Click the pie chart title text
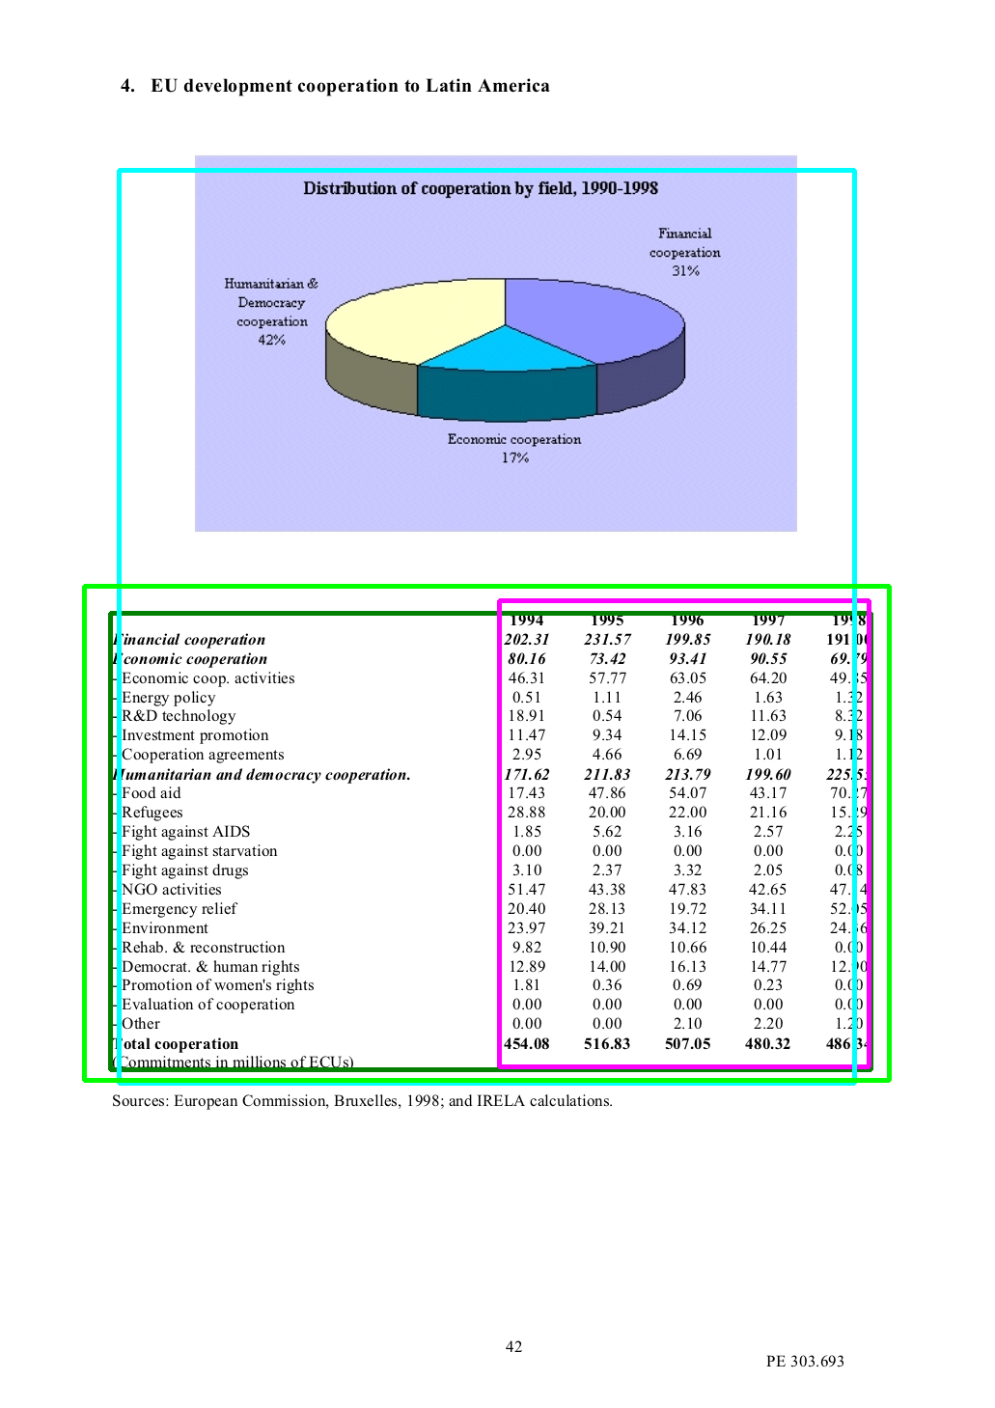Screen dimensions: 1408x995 [x=481, y=188]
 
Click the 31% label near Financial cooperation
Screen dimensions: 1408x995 [x=685, y=271]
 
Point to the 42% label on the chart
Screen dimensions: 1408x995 [x=271, y=340]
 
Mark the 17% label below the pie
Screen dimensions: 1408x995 [x=514, y=457]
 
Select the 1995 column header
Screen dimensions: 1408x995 [x=607, y=621]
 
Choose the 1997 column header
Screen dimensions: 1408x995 [x=768, y=621]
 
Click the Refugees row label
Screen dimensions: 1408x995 [x=152, y=813]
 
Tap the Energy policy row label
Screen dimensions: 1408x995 [x=168, y=698]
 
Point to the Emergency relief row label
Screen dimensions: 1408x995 [x=179, y=909]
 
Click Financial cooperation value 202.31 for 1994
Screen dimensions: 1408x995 [x=527, y=640]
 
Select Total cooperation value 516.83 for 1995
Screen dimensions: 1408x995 [x=607, y=1044]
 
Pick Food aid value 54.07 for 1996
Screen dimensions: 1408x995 [x=688, y=793]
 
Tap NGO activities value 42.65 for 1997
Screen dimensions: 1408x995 [x=768, y=890]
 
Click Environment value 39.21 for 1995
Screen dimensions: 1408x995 [x=607, y=928]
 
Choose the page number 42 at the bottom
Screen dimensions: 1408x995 [x=514, y=1347]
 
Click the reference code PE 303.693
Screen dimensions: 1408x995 [x=805, y=1362]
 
